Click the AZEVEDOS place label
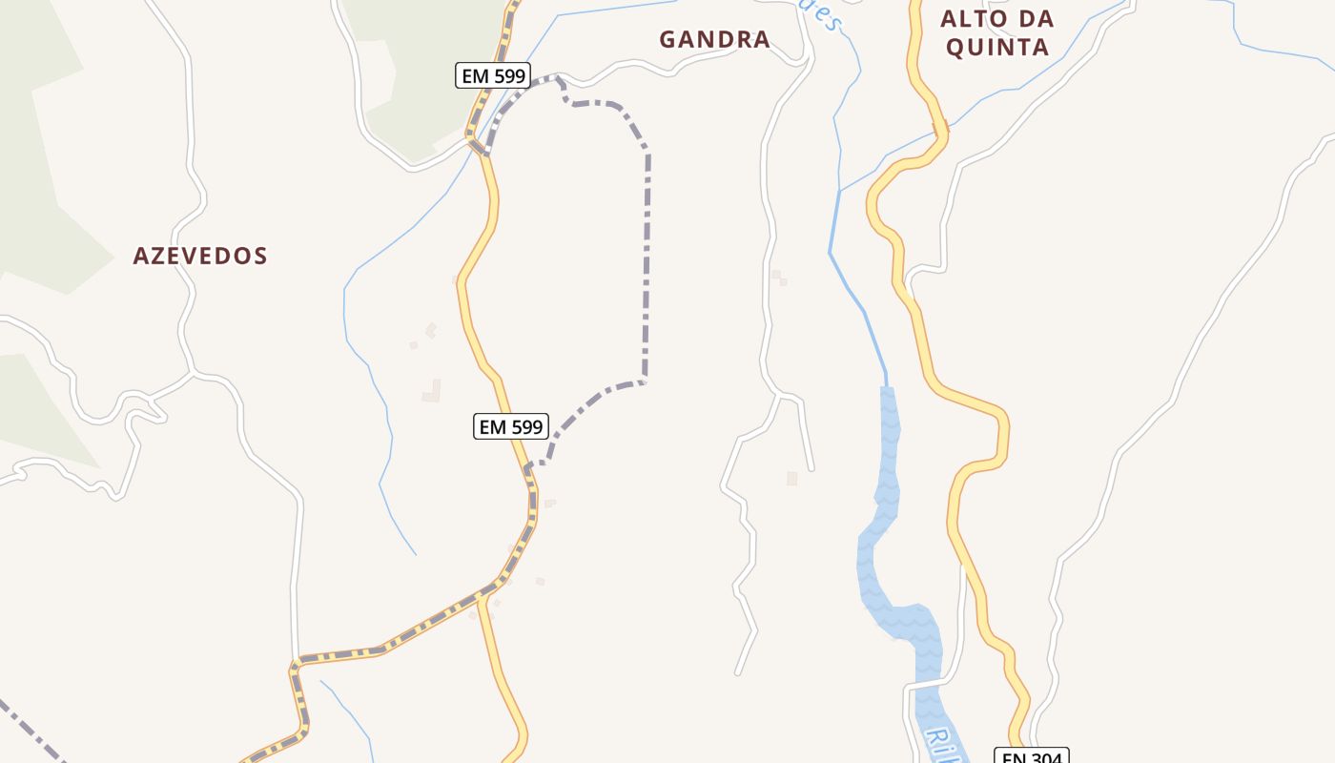coord(200,256)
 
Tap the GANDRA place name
coord(714,39)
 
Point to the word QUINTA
coord(997,47)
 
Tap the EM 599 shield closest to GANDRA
coord(492,75)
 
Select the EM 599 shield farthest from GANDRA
coord(511,426)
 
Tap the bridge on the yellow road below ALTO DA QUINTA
coord(938,133)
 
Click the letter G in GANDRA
coord(667,39)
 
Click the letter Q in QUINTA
coord(955,47)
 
